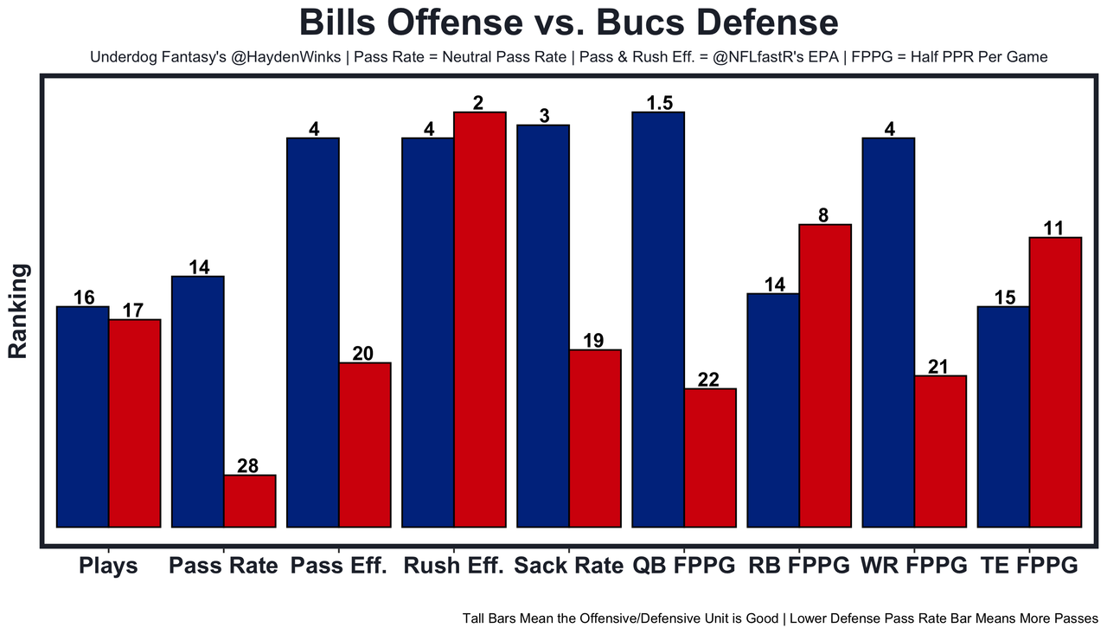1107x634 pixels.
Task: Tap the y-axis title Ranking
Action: coord(18,311)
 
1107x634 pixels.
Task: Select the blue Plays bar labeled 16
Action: coord(83,416)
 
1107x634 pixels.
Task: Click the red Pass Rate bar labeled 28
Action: coord(250,500)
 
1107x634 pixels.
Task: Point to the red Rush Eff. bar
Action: coord(480,319)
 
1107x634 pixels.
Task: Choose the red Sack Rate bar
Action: coord(595,438)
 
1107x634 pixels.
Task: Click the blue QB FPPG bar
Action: coord(658,319)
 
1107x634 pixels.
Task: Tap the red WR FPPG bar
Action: coord(940,451)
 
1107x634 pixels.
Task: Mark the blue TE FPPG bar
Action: coord(1003,416)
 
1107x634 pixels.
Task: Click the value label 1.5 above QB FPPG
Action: coord(659,103)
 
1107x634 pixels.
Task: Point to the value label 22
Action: coord(710,379)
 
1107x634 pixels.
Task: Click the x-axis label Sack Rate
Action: coord(568,567)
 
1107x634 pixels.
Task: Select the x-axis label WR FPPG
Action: coord(914,567)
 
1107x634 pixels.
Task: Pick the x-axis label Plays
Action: coord(108,567)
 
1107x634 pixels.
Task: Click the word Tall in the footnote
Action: coord(476,618)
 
